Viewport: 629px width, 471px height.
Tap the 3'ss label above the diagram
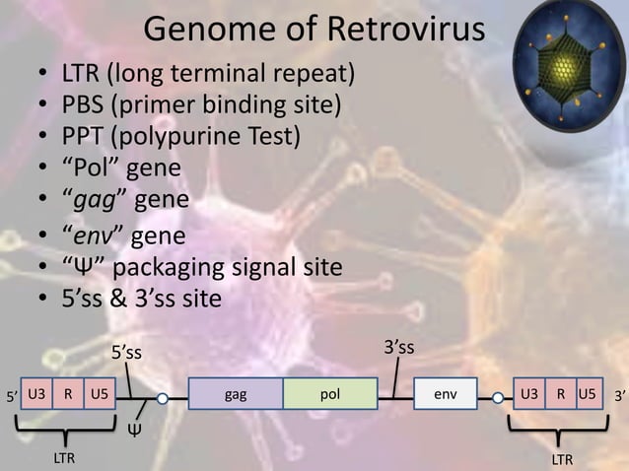pyautogui.click(x=398, y=347)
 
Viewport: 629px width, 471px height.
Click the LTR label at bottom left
pyautogui.click(x=64, y=458)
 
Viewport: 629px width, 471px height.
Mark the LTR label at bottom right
pyautogui.click(x=562, y=458)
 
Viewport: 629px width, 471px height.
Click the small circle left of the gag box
pyautogui.click(x=163, y=398)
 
